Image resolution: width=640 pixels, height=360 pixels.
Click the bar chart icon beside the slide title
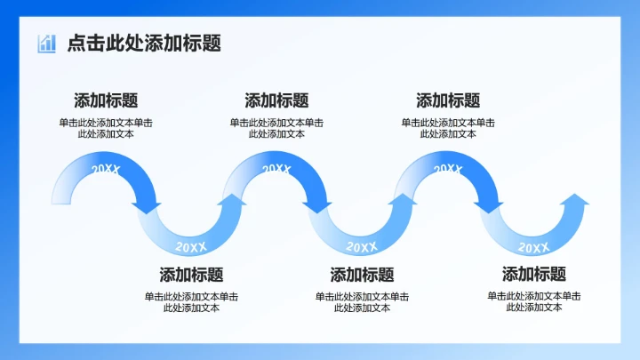(x=46, y=43)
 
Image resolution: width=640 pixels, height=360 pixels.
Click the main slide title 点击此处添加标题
(x=144, y=43)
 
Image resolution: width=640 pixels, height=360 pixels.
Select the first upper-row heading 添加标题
(x=106, y=100)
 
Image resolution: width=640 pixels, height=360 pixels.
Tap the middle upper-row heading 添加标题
(x=276, y=100)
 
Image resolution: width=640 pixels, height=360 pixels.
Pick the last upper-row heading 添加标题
(x=448, y=100)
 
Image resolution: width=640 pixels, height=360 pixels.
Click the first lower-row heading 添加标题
(x=191, y=275)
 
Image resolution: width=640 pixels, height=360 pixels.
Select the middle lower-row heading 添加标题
(x=362, y=275)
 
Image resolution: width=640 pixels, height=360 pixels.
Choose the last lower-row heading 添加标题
(x=533, y=274)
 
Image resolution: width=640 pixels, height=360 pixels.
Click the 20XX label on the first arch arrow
(x=106, y=169)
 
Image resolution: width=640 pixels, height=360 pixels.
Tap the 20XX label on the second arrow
(x=191, y=246)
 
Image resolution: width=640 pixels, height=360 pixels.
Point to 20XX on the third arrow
(x=276, y=169)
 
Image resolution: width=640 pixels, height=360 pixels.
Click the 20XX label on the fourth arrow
(x=362, y=246)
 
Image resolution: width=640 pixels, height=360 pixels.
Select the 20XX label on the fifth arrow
(x=448, y=169)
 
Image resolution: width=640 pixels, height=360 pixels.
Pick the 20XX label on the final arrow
(x=533, y=247)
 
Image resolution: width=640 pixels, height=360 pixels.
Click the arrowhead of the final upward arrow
(x=575, y=201)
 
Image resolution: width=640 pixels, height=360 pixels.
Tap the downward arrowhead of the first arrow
(x=147, y=207)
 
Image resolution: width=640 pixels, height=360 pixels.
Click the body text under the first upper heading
(x=106, y=128)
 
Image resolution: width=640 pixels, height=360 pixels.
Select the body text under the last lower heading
(x=534, y=301)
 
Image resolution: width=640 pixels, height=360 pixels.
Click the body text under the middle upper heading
(x=276, y=128)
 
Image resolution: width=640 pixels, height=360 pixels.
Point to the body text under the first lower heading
(x=191, y=302)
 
